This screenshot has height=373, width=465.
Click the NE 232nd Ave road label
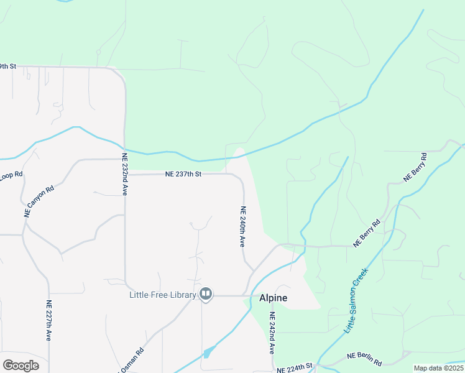pyautogui.click(x=124, y=175)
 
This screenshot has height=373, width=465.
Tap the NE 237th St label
pyautogui.click(x=183, y=175)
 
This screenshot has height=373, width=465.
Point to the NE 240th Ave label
pyautogui.click(x=242, y=227)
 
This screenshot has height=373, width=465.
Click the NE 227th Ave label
pyautogui.click(x=48, y=321)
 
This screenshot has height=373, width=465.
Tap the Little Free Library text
pyautogui.click(x=163, y=294)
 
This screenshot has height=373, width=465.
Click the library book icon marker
pyautogui.click(x=206, y=294)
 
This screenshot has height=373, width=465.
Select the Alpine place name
pyautogui.click(x=273, y=298)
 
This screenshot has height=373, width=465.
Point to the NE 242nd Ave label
pyautogui.click(x=272, y=334)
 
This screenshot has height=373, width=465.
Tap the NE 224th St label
pyautogui.click(x=293, y=368)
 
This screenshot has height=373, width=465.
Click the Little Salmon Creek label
pyautogui.click(x=357, y=299)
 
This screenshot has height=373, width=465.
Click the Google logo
pyautogui.click(x=21, y=366)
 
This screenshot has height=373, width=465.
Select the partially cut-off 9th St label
pyautogui.click(x=7, y=66)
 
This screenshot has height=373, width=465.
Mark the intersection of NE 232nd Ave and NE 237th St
pyautogui.click(x=126, y=175)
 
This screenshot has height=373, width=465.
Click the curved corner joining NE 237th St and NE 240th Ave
pyautogui.click(x=239, y=178)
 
